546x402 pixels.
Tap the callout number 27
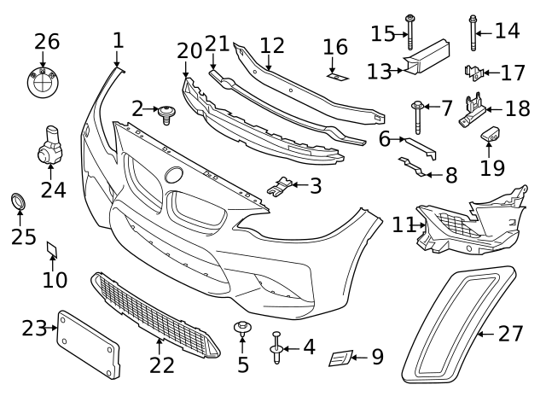point(510,333)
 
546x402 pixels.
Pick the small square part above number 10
point(53,248)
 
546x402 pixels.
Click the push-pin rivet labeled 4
point(276,347)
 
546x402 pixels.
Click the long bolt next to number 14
point(473,33)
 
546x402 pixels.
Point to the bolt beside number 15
point(410,32)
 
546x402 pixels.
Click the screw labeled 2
point(166,111)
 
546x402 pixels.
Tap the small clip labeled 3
point(281,184)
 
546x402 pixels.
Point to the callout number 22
point(162,364)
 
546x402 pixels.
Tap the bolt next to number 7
point(419,114)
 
